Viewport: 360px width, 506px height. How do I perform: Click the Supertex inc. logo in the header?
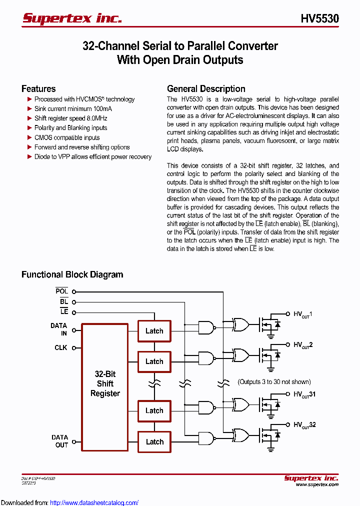(72, 18)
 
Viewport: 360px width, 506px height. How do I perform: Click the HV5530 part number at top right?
(319, 19)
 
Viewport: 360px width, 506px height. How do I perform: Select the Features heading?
(38, 89)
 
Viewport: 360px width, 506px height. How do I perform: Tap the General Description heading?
(206, 89)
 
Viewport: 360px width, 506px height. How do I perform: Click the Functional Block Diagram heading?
(72, 274)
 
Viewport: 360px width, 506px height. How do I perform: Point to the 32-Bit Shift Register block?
(105, 384)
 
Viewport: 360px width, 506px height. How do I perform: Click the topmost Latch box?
(154, 331)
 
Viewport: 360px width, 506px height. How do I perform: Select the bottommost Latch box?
(154, 441)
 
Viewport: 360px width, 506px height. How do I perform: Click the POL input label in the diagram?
(61, 291)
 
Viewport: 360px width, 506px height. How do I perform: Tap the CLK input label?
(61, 347)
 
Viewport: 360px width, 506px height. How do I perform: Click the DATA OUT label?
(59, 441)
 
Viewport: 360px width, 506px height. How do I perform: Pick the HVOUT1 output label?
(302, 314)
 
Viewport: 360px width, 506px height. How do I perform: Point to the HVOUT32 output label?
(304, 425)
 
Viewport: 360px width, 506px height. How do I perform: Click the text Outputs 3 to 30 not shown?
(274, 382)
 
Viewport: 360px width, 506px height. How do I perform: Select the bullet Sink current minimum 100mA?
(73, 108)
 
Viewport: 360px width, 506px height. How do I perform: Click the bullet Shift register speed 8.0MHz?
(70, 118)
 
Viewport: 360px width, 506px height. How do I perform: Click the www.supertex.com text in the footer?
(317, 484)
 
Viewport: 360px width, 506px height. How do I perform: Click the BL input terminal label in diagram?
(63, 301)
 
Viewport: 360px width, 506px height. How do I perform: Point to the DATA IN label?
(58, 329)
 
